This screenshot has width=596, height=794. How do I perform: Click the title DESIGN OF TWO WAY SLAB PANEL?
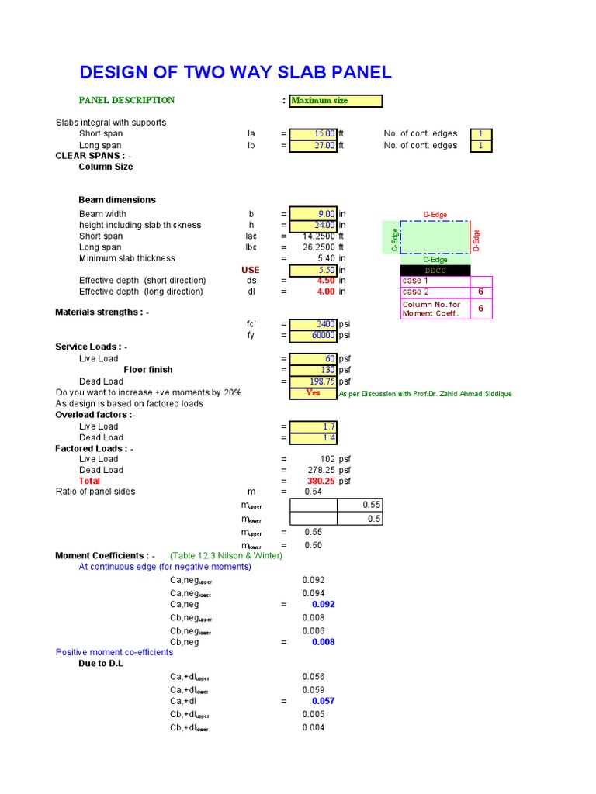(x=235, y=73)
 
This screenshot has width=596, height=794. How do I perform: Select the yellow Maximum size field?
(x=335, y=101)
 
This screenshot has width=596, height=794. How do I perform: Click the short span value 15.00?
(x=314, y=134)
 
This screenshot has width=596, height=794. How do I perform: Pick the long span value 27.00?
(x=314, y=146)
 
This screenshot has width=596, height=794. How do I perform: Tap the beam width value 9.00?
(x=314, y=214)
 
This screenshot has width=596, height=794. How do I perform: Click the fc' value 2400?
(x=314, y=324)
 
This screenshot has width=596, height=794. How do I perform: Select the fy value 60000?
(x=314, y=336)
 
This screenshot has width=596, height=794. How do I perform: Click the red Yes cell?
(x=314, y=393)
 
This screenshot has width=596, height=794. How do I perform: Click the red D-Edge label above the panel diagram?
(x=435, y=215)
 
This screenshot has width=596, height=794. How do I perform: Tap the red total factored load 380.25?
(x=323, y=481)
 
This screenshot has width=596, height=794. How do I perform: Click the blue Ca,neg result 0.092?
(x=324, y=604)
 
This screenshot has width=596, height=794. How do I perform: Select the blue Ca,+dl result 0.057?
(x=324, y=701)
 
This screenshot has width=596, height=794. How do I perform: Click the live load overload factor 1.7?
(x=314, y=426)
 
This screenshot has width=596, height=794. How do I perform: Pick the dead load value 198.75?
(x=314, y=381)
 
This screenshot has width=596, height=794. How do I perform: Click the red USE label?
(x=250, y=270)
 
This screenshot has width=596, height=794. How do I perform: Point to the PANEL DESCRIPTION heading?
(x=126, y=100)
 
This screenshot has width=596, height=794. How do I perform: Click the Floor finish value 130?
(x=314, y=370)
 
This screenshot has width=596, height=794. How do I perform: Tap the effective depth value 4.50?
(x=325, y=281)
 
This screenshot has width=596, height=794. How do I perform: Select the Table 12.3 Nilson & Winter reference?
(x=221, y=556)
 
